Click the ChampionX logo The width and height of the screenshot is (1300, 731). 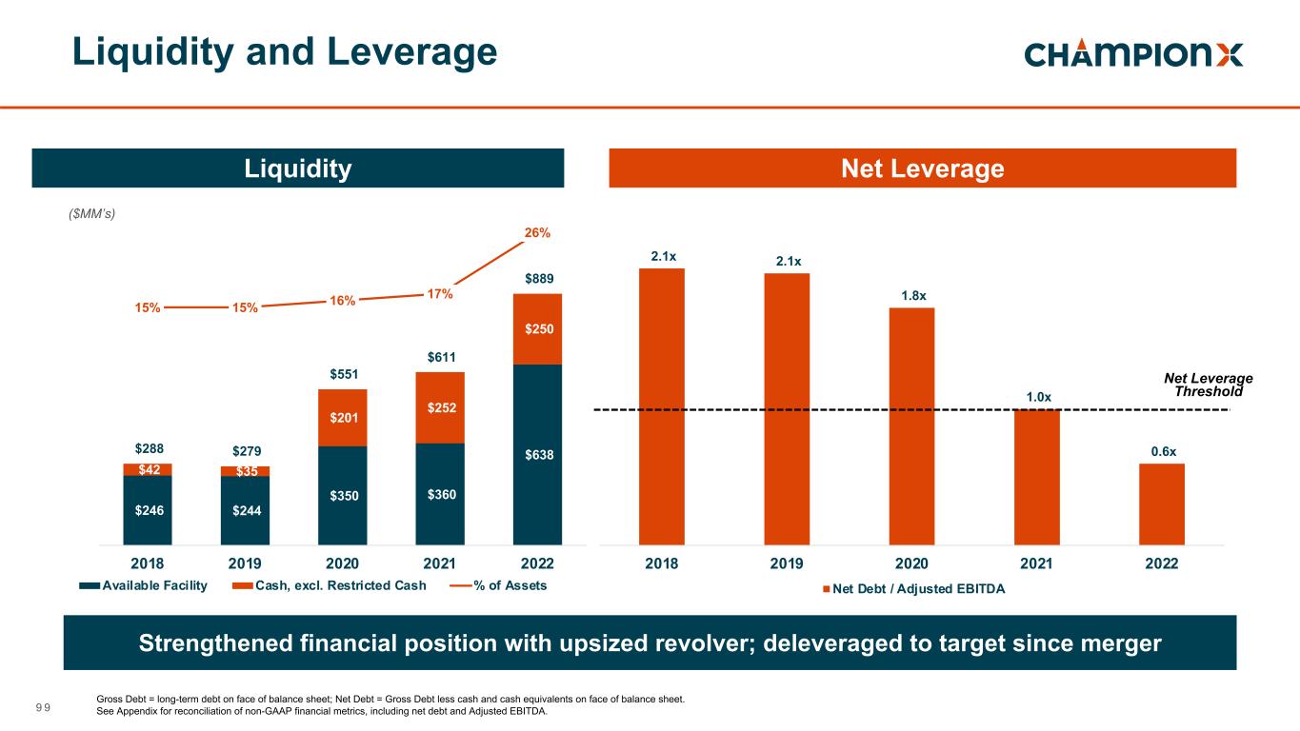1133,53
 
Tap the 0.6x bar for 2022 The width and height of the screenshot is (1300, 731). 1162,504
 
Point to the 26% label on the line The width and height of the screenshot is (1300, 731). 537,232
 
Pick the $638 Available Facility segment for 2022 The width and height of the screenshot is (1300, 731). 537,455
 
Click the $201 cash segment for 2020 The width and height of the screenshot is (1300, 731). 343,418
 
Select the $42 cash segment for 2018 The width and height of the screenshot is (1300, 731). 148,469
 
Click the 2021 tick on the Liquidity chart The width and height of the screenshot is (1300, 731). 440,563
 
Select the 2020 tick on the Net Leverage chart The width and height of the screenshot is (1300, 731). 911,563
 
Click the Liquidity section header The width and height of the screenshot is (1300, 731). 298,168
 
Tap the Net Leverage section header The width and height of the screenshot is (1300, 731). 922,168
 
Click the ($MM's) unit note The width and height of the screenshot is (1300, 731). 93,213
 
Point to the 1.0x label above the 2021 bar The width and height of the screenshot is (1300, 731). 1038,396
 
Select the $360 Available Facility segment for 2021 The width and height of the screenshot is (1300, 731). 440,494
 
